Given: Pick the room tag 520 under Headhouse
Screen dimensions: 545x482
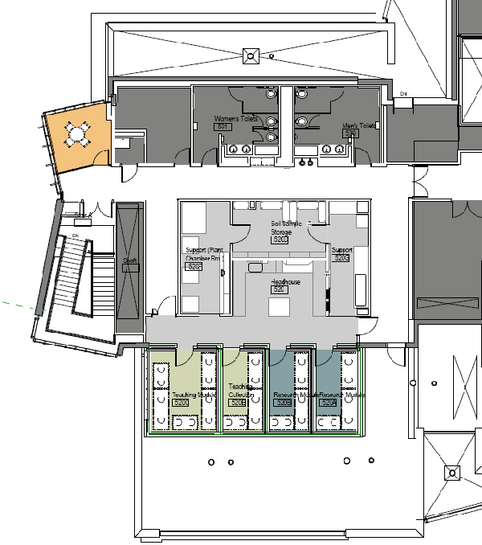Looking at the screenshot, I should [280, 290].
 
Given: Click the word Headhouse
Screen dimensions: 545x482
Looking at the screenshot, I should [284, 282].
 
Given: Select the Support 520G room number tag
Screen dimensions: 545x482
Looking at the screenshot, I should [341, 258].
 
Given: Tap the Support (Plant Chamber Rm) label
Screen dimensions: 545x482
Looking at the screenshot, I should [202, 254].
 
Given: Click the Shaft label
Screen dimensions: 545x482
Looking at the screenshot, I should [129, 261].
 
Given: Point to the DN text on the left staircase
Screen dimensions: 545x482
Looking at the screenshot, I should [75, 235].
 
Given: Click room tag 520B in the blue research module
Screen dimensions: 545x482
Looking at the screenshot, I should [284, 402].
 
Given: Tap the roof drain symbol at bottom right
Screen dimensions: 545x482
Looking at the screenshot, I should [451, 474].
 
